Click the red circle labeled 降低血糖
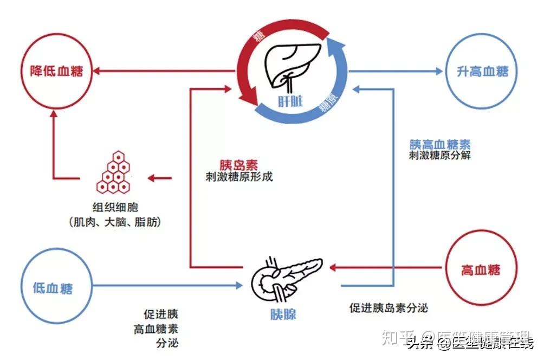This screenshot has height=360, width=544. pos(56,71)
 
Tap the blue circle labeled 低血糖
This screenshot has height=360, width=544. pos(53,288)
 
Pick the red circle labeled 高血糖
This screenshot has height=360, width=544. pos(481,269)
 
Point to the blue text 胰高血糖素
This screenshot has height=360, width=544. pos(440,144)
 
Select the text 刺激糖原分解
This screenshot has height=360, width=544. pos(440,156)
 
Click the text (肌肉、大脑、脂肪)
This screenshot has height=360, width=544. pos(114,222)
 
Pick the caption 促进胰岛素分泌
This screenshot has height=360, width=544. pos(388,308)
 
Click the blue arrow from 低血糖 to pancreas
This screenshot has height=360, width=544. pos(163,285)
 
